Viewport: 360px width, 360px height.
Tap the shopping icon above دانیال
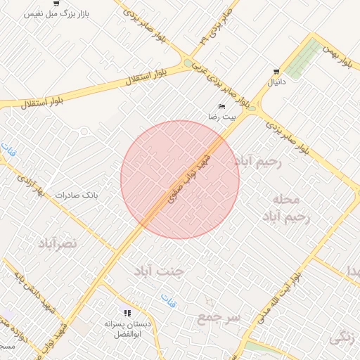(x=276, y=72)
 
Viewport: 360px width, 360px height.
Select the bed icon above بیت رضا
(x=222, y=106)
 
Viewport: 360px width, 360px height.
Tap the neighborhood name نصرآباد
(x=57, y=243)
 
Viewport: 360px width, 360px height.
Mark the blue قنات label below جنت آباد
(x=168, y=300)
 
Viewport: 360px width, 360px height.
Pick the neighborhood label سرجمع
(x=218, y=318)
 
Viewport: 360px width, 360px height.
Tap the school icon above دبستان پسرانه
(x=127, y=313)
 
